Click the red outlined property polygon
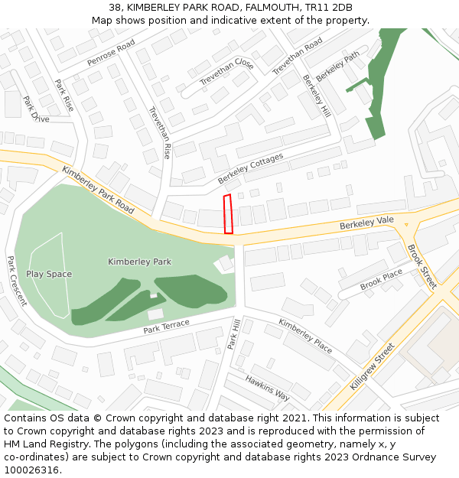(x=227, y=214)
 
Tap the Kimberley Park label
(x=139, y=262)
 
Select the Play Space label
(x=49, y=274)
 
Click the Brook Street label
(x=421, y=265)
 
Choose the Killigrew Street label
(x=372, y=366)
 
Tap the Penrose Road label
(x=111, y=52)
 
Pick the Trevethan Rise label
(x=159, y=132)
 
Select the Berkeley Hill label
(x=316, y=95)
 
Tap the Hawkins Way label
(x=267, y=388)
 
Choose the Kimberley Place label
(x=305, y=336)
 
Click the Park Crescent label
(x=16, y=281)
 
